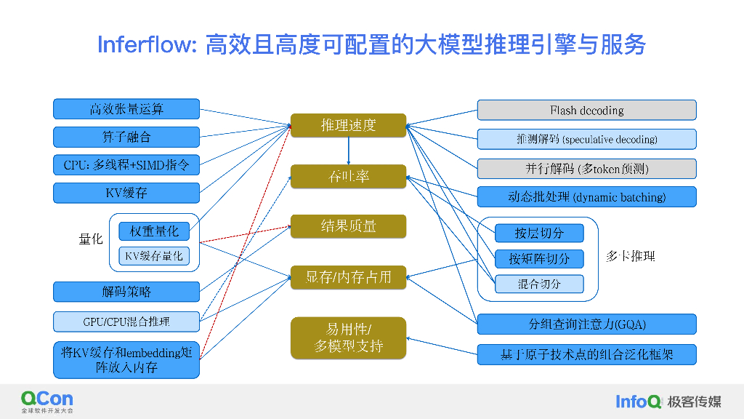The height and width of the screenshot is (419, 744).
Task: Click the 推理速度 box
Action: coord(348,125)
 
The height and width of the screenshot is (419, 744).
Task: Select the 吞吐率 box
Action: coord(348,176)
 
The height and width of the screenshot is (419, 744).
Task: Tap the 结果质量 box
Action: coord(348,226)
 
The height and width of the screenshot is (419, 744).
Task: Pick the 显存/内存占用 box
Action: coord(348,277)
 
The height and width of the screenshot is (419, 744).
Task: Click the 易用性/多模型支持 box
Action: coord(348,338)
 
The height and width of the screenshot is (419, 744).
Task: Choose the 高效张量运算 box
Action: coord(126,109)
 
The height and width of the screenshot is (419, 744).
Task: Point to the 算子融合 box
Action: coord(126,137)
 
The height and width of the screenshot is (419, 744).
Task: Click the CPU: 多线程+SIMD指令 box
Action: coord(126,165)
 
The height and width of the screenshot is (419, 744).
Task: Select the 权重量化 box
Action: coord(154,231)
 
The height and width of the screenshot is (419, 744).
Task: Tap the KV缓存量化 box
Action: coord(154,256)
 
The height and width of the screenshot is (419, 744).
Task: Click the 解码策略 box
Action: coord(126,292)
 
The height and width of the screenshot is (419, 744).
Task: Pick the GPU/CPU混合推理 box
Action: coord(126,320)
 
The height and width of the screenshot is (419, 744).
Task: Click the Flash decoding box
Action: coord(586,111)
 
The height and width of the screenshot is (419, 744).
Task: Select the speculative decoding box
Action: coord(586,139)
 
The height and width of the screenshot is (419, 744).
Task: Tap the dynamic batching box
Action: coord(586,197)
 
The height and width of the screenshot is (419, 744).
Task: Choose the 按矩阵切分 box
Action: coord(539,258)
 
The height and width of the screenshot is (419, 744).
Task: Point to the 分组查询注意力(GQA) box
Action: coord(586,324)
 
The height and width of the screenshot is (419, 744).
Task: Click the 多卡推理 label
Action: coord(631,256)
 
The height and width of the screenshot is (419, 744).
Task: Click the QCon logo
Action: coord(47,401)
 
